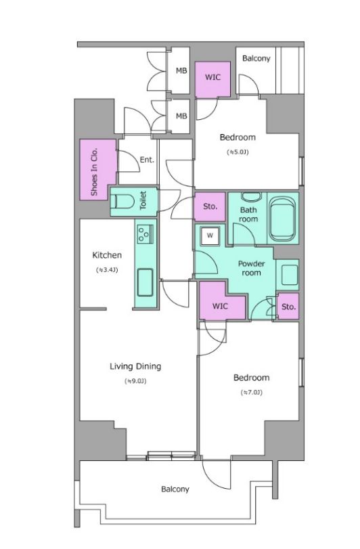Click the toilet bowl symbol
tap(122, 202)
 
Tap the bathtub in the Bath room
tap(283, 219)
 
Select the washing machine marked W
tap(210, 236)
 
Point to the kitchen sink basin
tap(145, 282)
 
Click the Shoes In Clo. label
tap(94, 172)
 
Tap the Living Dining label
tap(135, 367)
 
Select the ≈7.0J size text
tap(251, 393)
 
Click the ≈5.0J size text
tap(238, 152)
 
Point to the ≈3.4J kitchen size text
tap(107, 270)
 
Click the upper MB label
tap(181, 70)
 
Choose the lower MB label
tap(181, 116)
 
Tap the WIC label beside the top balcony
tap(212, 76)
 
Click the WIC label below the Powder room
tap(220, 306)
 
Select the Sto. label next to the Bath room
tap(210, 206)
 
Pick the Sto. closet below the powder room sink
tap(288, 307)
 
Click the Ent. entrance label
tap(147, 160)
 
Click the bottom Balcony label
tap(175, 489)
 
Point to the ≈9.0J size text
tap(135, 381)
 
